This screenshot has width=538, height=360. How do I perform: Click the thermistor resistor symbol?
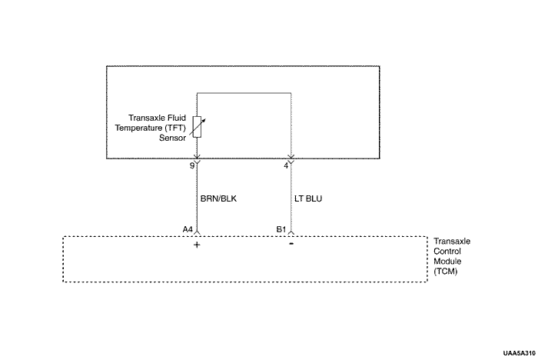198,125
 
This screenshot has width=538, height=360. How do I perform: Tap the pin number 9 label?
191,165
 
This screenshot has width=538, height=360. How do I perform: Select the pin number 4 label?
285,165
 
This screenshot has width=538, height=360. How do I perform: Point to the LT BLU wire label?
308,198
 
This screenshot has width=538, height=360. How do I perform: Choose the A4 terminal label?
188,229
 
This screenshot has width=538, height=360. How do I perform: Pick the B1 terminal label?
281,229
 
